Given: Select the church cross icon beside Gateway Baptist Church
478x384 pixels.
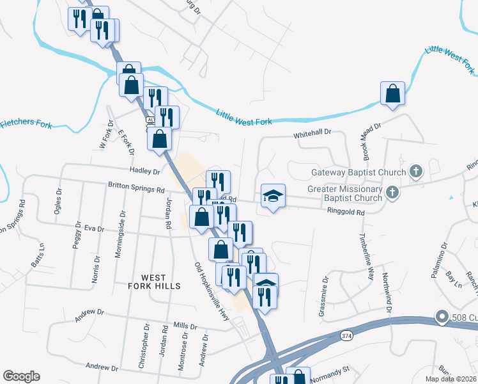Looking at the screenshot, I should pyautogui.click(x=416, y=172).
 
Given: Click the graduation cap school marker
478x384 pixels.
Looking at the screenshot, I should pyautogui.click(x=273, y=196).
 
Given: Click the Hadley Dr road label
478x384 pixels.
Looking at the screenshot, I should pyautogui.click(x=144, y=172).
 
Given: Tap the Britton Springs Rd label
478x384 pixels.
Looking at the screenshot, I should pyautogui.click(x=136, y=189).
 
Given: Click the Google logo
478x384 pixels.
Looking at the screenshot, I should pyautogui.click(x=21, y=376).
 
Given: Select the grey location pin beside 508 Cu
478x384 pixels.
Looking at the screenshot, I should pyautogui.click(x=441, y=316).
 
